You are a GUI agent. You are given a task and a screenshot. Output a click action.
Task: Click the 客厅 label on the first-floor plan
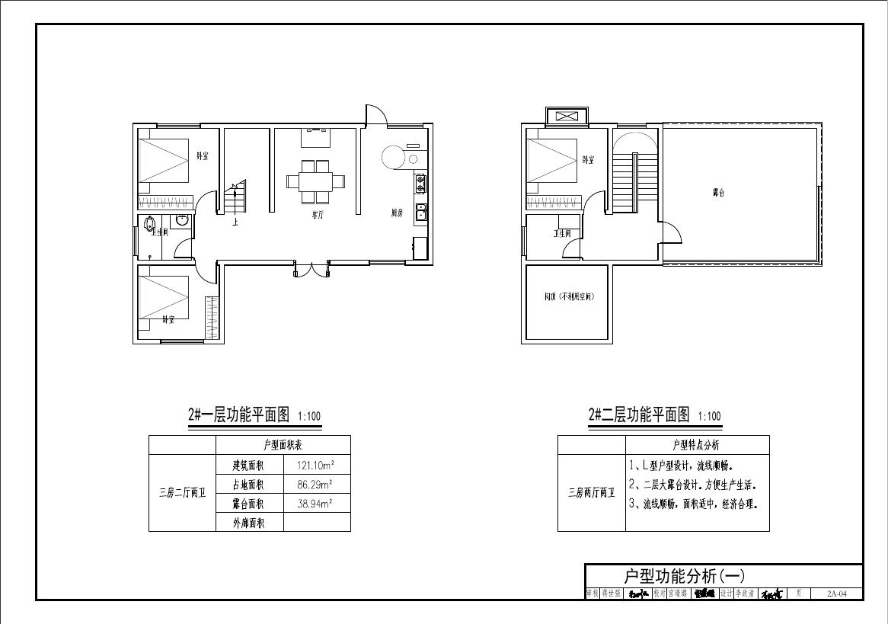[x=318, y=216]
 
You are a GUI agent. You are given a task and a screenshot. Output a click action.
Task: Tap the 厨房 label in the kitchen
[x=397, y=213]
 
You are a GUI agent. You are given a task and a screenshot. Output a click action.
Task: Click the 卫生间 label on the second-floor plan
[x=562, y=233]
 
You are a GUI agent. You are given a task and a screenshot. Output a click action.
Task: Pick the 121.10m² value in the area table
[x=317, y=464]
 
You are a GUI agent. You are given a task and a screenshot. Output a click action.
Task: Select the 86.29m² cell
[x=317, y=484]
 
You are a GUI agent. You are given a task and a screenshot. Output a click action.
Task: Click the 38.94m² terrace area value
[x=317, y=504]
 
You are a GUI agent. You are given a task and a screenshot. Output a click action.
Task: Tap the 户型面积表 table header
[x=283, y=445]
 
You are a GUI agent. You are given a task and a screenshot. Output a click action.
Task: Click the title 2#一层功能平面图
[x=239, y=415]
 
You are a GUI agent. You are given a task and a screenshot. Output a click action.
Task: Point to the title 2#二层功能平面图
[x=639, y=415]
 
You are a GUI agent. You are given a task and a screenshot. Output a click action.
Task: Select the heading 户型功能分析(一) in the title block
[x=683, y=576]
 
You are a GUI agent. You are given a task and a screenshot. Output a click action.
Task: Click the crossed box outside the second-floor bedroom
[x=566, y=117]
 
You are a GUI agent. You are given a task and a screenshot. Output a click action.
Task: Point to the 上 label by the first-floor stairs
[x=236, y=222]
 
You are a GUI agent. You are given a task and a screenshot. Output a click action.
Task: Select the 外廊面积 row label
[x=249, y=523]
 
